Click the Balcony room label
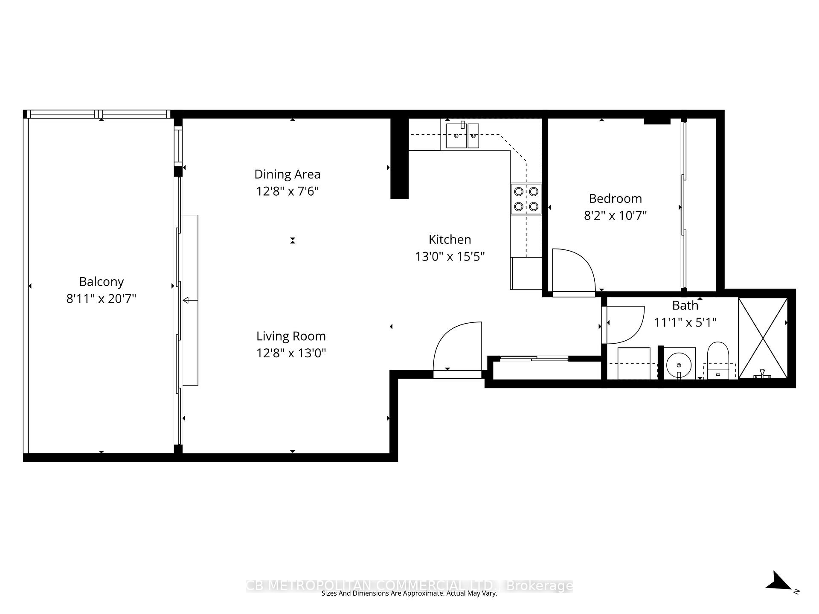102,282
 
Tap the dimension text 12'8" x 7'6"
287,191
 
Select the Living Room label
291,336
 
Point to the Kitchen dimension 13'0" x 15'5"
450,257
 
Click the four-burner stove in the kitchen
526,199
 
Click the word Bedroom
615,199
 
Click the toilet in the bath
718,359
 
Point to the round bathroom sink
678,365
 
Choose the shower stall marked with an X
763,338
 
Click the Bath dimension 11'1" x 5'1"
685,322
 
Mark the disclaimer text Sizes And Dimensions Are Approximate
409,593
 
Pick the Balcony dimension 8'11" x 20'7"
101,298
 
